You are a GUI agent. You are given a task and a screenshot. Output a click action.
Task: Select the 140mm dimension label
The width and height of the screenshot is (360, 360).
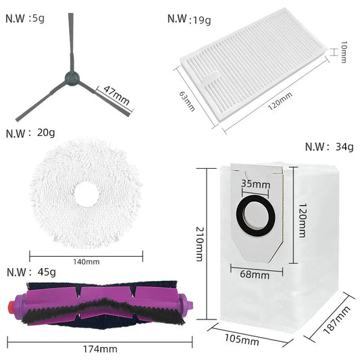pyautogui.click(x=86, y=262)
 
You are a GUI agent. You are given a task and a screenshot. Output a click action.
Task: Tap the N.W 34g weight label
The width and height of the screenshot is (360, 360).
pyautogui.click(x=328, y=147)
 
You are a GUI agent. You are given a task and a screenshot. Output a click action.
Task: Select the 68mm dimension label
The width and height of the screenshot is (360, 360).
pyautogui.click(x=255, y=274)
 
